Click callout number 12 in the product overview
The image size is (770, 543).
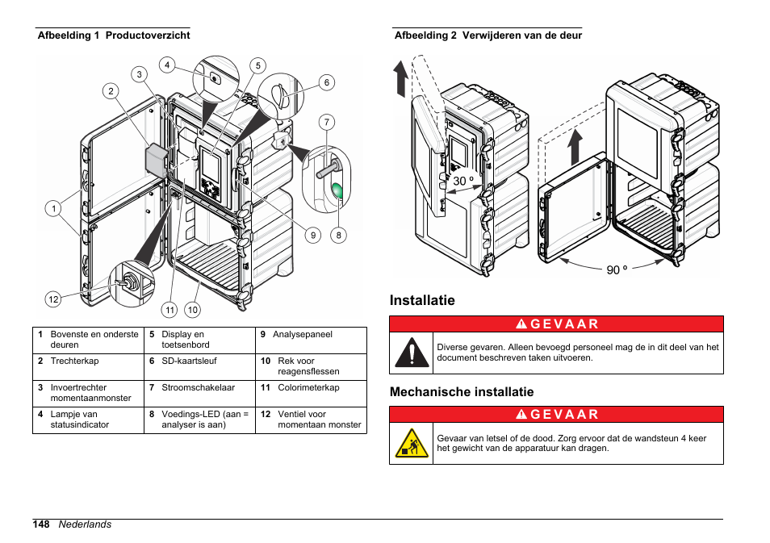click(x=53, y=299)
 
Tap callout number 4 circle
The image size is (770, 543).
click(x=167, y=65)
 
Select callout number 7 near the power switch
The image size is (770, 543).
click(x=327, y=123)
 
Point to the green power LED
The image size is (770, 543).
click(x=337, y=191)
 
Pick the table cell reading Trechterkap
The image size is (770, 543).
click(x=74, y=361)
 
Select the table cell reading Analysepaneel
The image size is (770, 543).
click(x=302, y=334)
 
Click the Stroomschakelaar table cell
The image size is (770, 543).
click(x=198, y=387)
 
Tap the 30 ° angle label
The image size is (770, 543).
click(x=463, y=182)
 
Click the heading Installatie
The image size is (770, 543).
click(x=422, y=300)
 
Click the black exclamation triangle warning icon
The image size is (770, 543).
click(x=412, y=353)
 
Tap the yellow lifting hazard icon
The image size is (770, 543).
click(x=412, y=444)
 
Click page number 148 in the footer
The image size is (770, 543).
click(x=41, y=524)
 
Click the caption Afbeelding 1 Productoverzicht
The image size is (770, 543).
click(x=114, y=36)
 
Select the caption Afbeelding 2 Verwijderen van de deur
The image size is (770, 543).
click(x=488, y=36)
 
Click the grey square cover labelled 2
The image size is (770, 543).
click(x=156, y=161)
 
